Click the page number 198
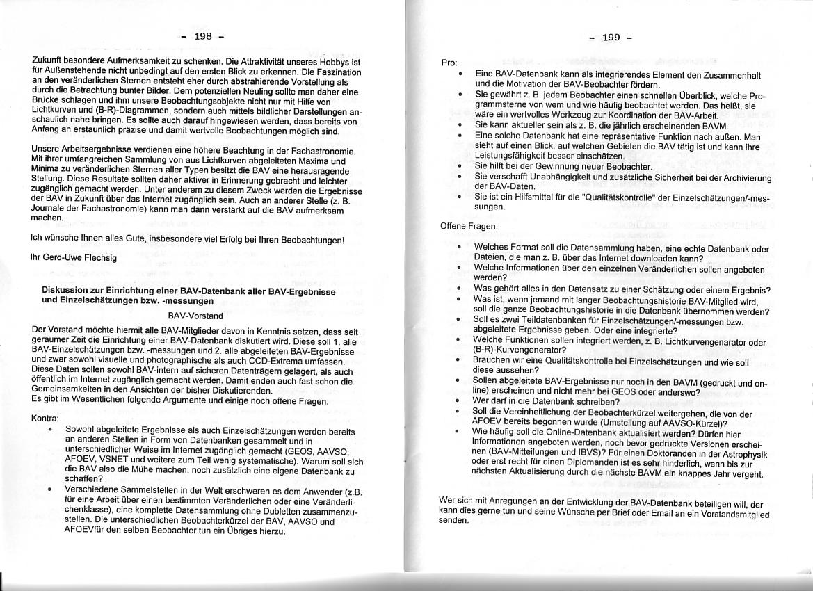[x=204, y=36]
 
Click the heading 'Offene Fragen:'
[x=469, y=226]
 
